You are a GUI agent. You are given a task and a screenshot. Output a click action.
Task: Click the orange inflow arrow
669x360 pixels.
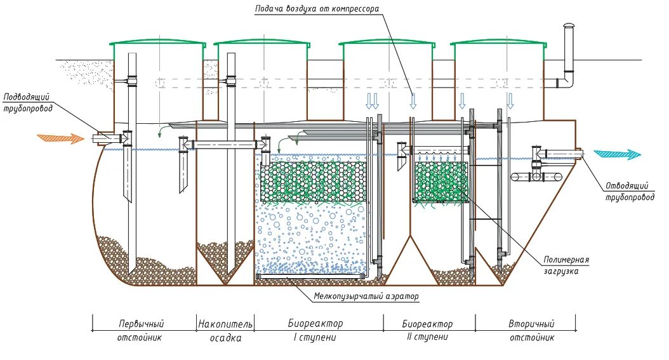click(60, 137)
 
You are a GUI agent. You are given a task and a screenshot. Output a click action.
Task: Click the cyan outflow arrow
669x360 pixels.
click(617, 154)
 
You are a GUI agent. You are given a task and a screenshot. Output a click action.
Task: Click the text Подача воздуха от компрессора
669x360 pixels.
click(317, 9)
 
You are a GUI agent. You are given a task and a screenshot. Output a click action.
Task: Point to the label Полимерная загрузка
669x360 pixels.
click(566, 265)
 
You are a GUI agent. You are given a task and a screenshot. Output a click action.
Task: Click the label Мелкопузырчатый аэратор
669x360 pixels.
click(366, 296)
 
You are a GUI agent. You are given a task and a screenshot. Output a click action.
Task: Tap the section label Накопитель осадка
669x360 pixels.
click(225, 330)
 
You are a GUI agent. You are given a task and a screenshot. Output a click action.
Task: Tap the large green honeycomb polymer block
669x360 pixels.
click(314, 182)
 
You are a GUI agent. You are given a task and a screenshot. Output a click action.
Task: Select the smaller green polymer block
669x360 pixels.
click(441, 182)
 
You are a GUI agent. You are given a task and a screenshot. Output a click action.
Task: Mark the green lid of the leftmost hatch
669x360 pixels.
click(159, 43)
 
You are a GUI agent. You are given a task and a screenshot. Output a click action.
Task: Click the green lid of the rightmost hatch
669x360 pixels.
click(500, 43)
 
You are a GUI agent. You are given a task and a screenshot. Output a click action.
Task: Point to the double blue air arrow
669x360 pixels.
click(372, 100)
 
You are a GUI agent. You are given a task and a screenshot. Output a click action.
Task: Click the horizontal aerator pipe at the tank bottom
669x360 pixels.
click(311, 276)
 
